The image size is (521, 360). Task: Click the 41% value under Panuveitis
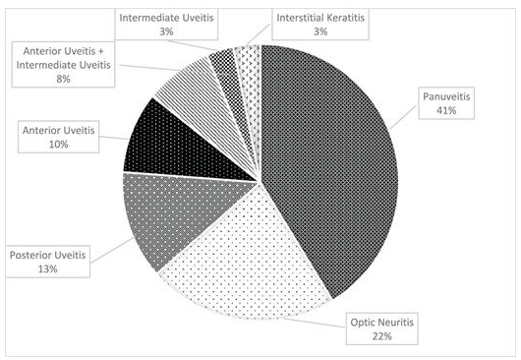point(446,111)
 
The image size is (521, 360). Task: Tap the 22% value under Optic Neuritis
point(382,336)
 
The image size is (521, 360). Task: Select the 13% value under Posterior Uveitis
point(48,270)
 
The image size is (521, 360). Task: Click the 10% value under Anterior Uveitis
point(58,145)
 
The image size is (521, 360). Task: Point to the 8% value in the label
point(63,79)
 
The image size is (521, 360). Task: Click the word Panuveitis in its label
point(446,96)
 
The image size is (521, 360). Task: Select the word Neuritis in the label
point(396,322)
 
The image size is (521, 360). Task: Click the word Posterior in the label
point(28,255)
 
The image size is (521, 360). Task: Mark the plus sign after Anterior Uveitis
point(100,51)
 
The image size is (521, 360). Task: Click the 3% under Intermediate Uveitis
point(166,31)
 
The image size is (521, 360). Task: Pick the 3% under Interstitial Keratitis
point(320,31)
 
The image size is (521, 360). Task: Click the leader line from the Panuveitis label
point(403,117)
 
